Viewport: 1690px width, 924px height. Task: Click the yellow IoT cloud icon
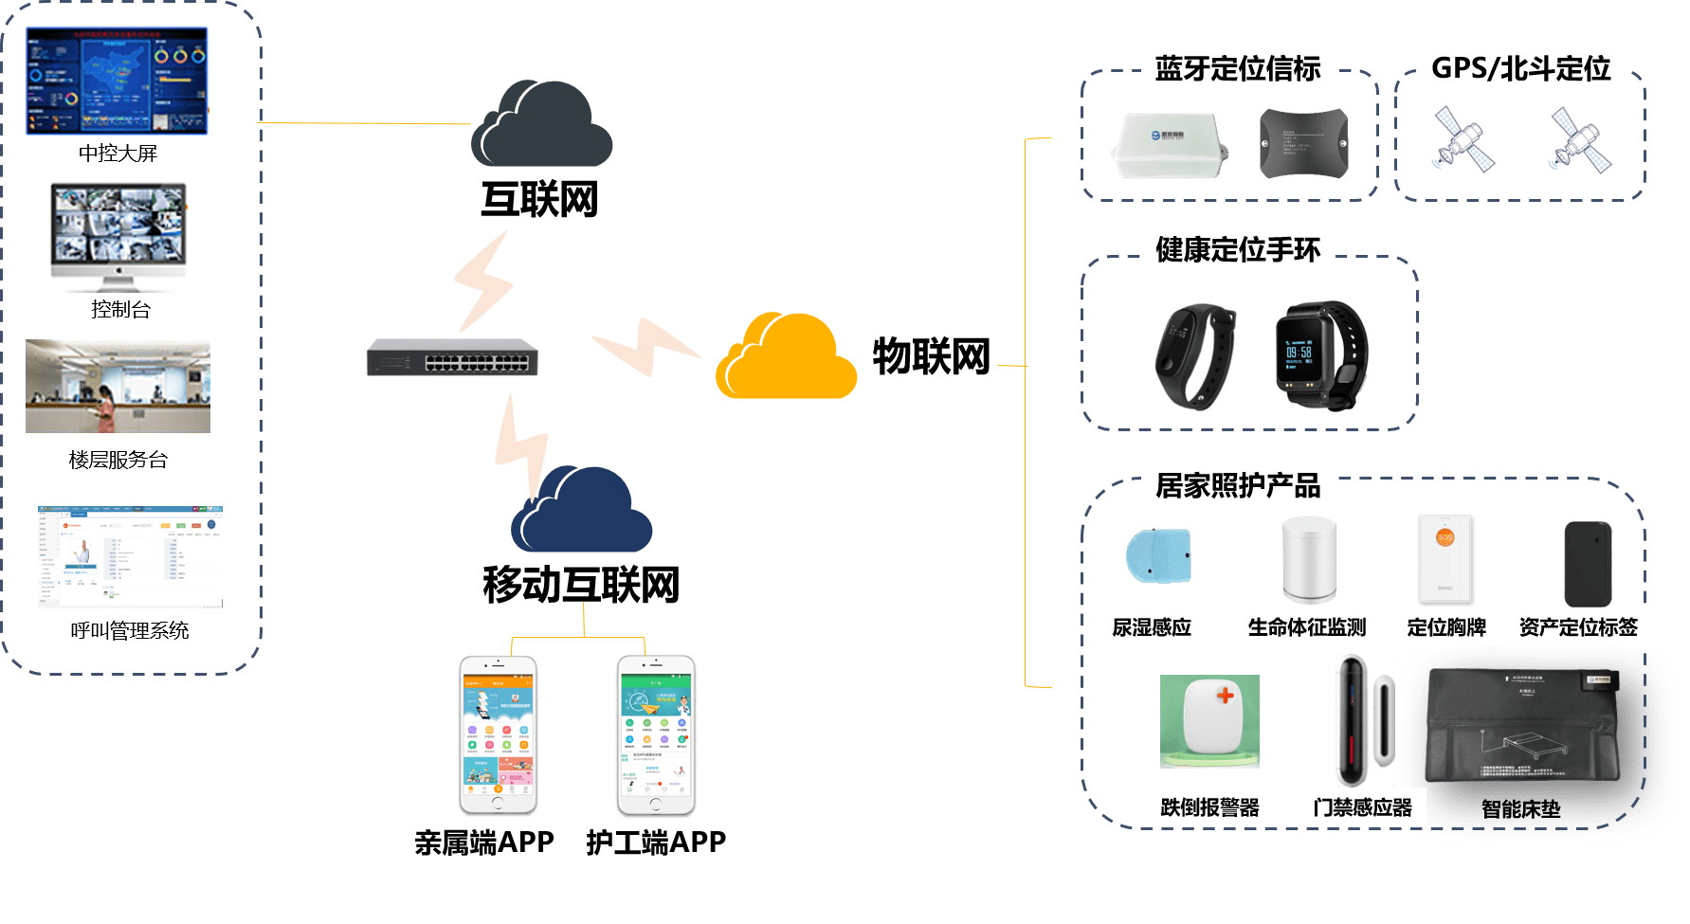click(x=786, y=359)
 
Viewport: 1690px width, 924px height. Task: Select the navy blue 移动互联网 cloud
click(x=580, y=513)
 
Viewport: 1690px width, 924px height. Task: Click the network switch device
click(x=452, y=357)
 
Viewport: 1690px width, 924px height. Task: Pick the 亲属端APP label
click(x=483, y=842)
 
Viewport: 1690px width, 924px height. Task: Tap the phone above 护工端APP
click(x=656, y=734)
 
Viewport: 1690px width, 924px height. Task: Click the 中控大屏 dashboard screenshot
click(x=118, y=81)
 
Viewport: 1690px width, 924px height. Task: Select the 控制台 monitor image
click(x=118, y=236)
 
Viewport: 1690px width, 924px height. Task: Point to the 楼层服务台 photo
click(x=118, y=387)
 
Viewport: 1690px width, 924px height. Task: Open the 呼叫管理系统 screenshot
click(x=130, y=557)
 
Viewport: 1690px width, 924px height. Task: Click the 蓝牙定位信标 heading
click(x=1237, y=68)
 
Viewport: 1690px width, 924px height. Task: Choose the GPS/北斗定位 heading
click(x=1520, y=68)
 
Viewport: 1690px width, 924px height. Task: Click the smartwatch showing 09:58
click(x=1320, y=356)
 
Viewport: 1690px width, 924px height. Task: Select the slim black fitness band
click(x=1194, y=355)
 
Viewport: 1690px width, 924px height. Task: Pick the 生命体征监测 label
click(x=1306, y=627)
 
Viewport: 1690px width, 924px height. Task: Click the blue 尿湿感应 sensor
click(x=1158, y=556)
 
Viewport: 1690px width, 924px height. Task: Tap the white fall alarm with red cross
click(x=1209, y=721)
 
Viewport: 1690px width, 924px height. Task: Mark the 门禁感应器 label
click(x=1362, y=807)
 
